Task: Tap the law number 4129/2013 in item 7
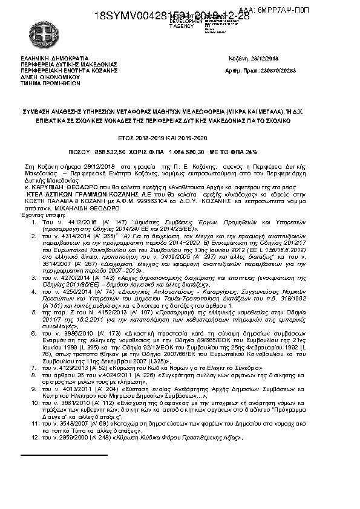point(68,367)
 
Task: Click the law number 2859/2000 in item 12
point(68,436)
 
